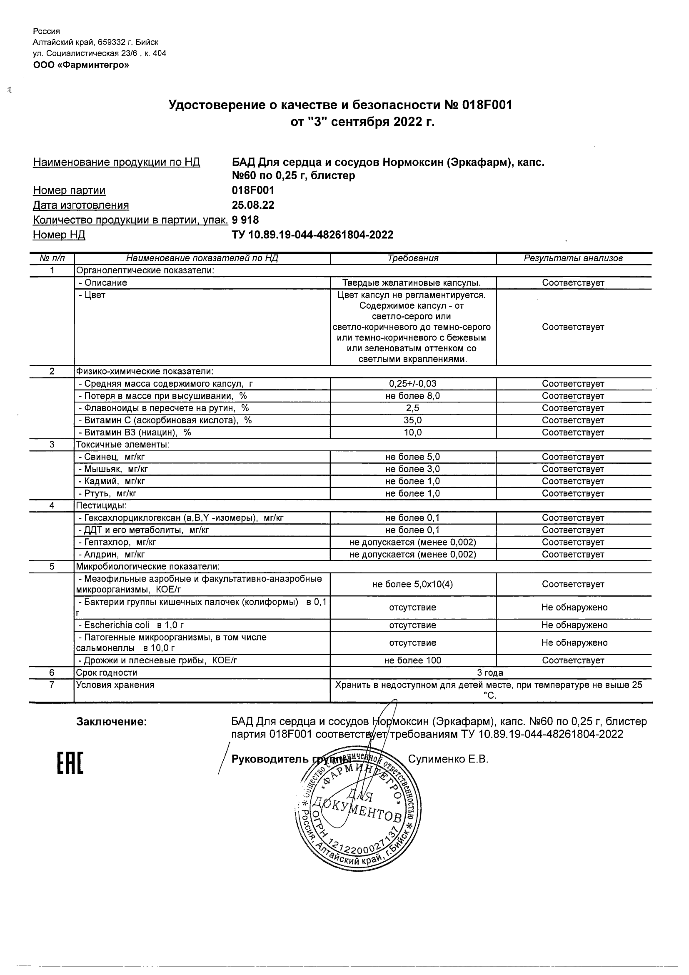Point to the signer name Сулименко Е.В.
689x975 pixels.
(x=448, y=759)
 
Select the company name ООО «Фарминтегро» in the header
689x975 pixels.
(x=81, y=65)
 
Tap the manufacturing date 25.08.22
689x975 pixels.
(x=253, y=205)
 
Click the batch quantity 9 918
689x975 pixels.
(x=245, y=220)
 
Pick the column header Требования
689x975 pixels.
(x=413, y=258)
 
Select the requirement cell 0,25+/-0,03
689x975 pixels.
(x=413, y=384)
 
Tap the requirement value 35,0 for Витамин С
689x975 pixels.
(x=413, y=420)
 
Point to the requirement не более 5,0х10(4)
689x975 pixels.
(x=413, y=584)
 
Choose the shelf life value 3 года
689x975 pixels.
(x=490, y=672)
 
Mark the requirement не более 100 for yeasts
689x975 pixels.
(x=413, y=660)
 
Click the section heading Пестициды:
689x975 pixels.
(x=102, y=506)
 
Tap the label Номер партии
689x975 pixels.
(x=69, y=190)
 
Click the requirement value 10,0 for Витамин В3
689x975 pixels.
(x=413, y=433)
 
